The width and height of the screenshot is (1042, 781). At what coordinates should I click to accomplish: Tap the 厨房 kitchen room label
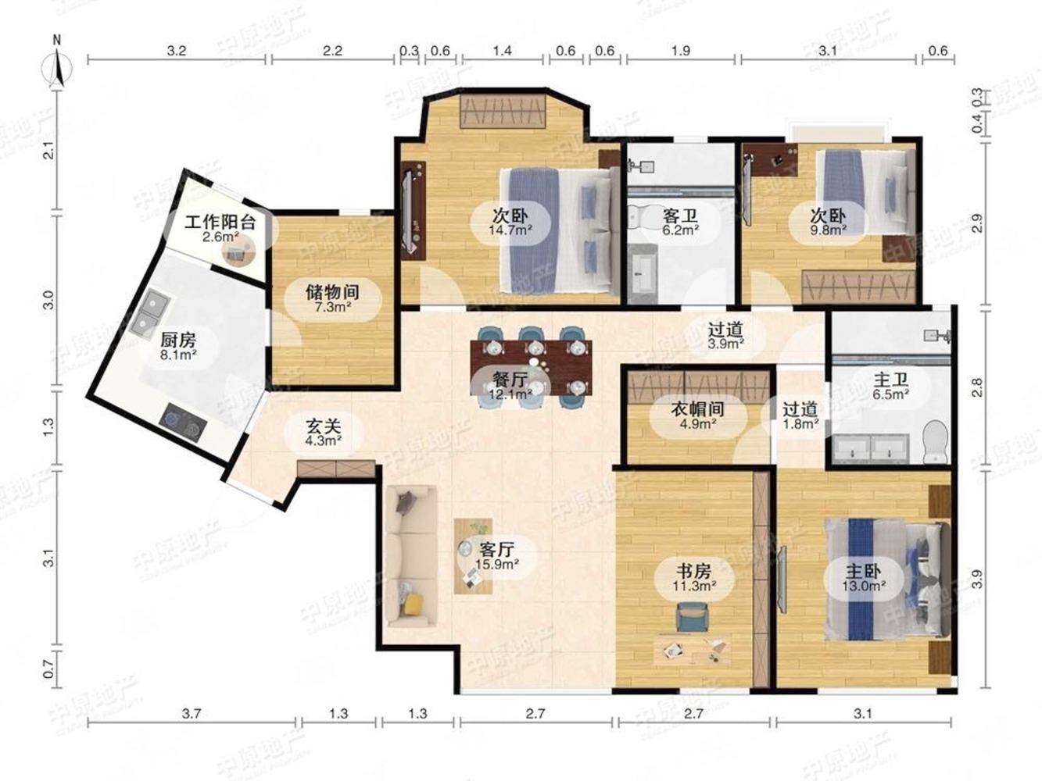click(x=178, y=346)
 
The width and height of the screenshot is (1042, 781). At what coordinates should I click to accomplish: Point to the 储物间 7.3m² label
click(x=332, y=299)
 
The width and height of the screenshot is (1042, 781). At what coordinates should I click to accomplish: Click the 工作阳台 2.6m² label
click(x=220, y=229)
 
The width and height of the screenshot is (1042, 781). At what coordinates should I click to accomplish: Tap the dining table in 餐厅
click(x=531, y=368)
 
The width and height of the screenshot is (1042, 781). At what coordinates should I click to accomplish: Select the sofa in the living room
click(x=411, y=556)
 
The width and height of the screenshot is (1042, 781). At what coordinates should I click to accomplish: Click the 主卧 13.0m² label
click(x=864, y=578)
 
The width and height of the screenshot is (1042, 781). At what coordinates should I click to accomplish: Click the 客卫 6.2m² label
click(x=681, y=223)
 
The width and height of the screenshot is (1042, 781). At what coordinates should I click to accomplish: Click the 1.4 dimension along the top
click(x=503, y=50)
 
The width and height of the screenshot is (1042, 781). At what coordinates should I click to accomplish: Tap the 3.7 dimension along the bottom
click(x=192, y=713)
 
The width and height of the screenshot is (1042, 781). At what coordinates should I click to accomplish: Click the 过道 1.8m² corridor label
click(x=800, y=415)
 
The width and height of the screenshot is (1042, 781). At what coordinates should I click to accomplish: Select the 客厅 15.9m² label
click(x=496, y=556)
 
